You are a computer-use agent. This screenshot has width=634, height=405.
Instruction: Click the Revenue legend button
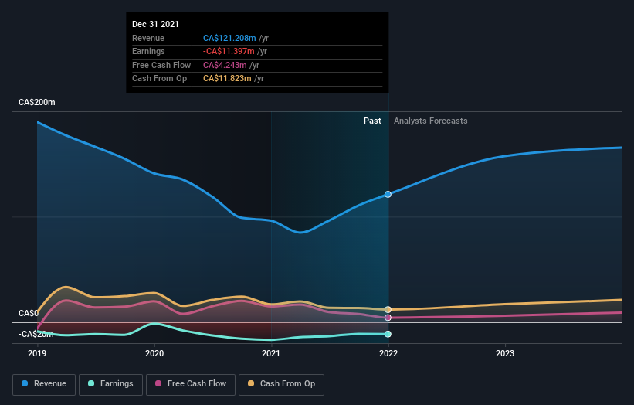[44, 384]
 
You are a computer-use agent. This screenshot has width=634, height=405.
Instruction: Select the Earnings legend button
[110, 384]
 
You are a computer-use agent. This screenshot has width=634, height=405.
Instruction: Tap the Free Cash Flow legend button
[191, 384]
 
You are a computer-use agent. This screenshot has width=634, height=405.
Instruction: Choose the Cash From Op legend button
[281, 384]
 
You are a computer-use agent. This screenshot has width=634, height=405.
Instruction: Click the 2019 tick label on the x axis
[37, 353]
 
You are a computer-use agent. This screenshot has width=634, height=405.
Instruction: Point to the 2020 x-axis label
[154, 353]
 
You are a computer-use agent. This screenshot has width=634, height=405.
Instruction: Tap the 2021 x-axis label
[271, 353]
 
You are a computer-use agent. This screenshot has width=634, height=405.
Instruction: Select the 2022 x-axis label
[388, 353]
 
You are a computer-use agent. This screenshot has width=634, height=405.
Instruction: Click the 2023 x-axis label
[505, 353]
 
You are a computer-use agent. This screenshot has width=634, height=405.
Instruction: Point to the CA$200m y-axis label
[37, 102]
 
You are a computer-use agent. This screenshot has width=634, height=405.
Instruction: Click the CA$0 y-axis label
[29, 313]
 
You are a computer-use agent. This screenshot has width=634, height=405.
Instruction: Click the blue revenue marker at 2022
[388, 195]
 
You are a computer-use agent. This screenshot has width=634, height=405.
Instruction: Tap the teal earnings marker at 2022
[388, 334]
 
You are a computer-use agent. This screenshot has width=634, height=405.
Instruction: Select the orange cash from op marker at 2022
[388, 309]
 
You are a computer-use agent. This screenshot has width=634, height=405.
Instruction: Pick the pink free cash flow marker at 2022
[388, 318]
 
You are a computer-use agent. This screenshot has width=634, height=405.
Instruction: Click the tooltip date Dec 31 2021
[155, 24]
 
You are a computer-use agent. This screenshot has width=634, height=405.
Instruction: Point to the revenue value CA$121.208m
[229, 38]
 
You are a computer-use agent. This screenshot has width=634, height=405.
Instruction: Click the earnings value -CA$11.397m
[229, 51]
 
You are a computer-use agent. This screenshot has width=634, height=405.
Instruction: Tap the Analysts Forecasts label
[431, 121]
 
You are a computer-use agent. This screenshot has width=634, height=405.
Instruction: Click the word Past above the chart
[372, 121]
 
